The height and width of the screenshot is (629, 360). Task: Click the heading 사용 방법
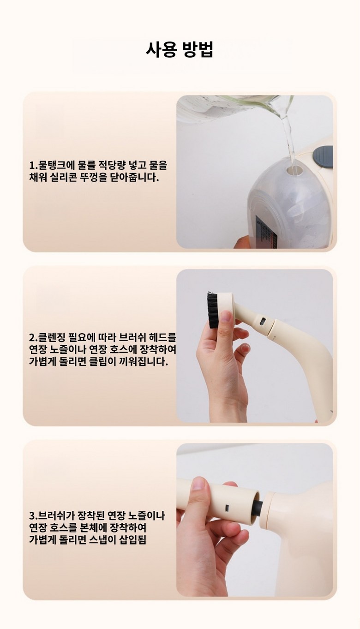coord(180,50)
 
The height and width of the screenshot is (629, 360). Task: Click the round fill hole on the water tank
coord(294,170)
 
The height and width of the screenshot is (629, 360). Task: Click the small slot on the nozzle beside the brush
coord(262,322)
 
